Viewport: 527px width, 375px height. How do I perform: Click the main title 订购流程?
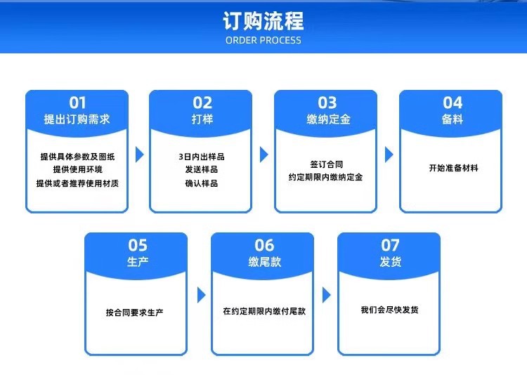[x=263, y=20]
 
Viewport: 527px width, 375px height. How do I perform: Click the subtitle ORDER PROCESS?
[x=263, y=41]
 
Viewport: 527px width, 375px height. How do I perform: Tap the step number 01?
[x=77, y=103]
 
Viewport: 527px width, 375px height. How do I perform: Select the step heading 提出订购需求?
[x=77, y=119]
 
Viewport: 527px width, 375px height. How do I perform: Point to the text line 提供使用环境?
[x=77, y=169]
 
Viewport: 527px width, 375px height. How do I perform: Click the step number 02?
[x=202, y=103]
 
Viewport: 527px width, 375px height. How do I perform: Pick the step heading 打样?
[x=202, y=119]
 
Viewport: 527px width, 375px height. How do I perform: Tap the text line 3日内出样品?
[x=202, y=157]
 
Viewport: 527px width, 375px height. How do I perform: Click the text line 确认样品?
[x=202, y=183]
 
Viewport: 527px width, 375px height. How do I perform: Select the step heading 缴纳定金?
[x=327, y=119]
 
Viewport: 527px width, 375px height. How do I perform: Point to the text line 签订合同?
[x=327, y=164]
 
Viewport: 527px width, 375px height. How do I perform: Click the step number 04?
[x=452, y=103]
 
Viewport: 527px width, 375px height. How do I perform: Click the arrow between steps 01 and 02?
[x=139, y=154]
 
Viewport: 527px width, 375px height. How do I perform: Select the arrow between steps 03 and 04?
[x=389, y=154]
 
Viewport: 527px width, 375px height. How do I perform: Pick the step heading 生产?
[x=137, y=262]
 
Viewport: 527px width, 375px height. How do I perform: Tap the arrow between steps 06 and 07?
[x=326, y=295]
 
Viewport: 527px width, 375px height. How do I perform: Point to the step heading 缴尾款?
[x=263, y=262]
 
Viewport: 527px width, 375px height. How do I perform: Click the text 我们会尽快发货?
[x=389, y=310]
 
